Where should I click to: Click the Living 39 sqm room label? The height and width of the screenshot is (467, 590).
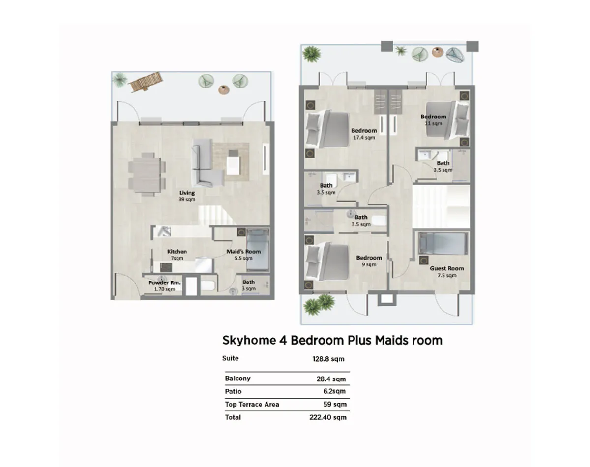pyautogui.click(x=187, y=196)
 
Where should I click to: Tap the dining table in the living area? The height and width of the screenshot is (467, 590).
pyautogui.click(x=147, y=175)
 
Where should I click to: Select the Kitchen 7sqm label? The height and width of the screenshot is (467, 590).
pyautogui.click(x=177, y=255)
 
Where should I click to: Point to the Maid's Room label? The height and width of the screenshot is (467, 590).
pyautogui.click(x=243, y=252)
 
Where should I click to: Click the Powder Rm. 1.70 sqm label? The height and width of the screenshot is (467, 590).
pyautogui.click(x=165, y=286)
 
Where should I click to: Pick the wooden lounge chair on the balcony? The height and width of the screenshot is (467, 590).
pyautogui.click(x=146, y=82)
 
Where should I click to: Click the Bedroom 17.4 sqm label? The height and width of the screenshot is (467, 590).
pyautogui.click(x=364, y=134)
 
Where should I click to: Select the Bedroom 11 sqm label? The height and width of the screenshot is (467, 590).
pyautogui.click(x=434, y=120)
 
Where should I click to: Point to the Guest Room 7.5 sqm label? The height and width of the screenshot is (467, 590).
pyautogui.click(x=447, y=272)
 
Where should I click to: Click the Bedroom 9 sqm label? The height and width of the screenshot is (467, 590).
pyautogui.click(x=369, y=261)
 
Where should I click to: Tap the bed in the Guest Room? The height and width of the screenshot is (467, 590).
pyautogui.click(x=443, y=243)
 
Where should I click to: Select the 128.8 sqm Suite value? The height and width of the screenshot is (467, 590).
pyautogui.click(x=328, y=359)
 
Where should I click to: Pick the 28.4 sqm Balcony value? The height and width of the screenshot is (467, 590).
pyautogui.click(x=331, y=379)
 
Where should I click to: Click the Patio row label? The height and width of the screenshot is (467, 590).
pyautogui.click(x=234, y=391)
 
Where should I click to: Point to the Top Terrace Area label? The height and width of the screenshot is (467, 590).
pyautogui.click(x=252, y=404)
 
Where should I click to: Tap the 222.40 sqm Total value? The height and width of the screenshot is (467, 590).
pyautogui.click(x=328, y=417)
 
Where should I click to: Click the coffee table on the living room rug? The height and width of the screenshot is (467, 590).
pyautogui.click(x=234, y=162)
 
